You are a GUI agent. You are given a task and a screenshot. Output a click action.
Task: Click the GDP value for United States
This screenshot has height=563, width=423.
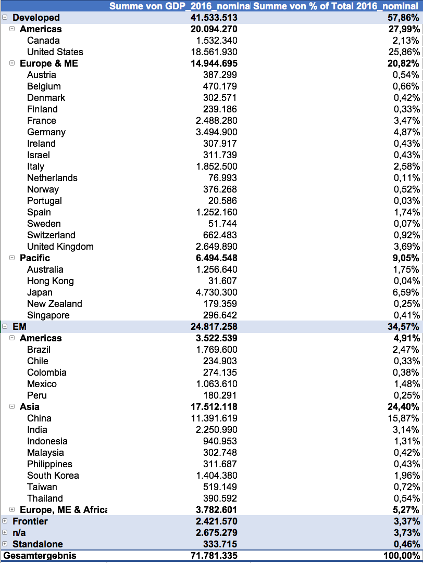click(214, 52)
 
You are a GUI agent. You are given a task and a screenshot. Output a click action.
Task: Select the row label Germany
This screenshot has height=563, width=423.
click(46, 132)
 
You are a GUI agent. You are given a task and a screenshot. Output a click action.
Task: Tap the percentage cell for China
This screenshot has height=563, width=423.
click(406, 418)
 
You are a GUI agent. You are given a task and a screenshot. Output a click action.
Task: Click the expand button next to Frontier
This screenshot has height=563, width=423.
click(5, 521)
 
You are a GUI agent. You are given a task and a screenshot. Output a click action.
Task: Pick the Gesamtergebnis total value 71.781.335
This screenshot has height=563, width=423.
click(214, 556)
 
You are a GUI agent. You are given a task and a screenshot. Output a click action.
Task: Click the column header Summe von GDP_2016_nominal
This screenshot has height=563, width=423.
click(179, 6)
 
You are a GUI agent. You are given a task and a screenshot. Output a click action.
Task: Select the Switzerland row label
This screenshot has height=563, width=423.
click(51, 235)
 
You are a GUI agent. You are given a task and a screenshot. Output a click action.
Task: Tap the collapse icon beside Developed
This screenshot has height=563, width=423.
click(5, 18)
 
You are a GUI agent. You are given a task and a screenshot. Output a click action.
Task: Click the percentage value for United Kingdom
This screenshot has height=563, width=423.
click(407, 247)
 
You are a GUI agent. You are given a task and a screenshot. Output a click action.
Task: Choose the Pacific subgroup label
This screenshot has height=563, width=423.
click(35, 258)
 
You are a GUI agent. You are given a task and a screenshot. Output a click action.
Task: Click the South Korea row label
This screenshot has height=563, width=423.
click(53, 476)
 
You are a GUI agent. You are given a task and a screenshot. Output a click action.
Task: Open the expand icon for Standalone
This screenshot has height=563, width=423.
click(5, 544)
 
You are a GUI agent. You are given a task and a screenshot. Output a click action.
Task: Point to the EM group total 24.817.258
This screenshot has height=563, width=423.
click(214, 327)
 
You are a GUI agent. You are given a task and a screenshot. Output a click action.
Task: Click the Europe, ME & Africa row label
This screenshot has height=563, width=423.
click(63, 510)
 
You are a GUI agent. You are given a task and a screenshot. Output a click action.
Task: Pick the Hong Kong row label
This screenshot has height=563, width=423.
click(51, 281)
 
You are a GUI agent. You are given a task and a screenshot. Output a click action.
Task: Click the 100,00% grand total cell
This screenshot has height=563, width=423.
click(401, 556)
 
